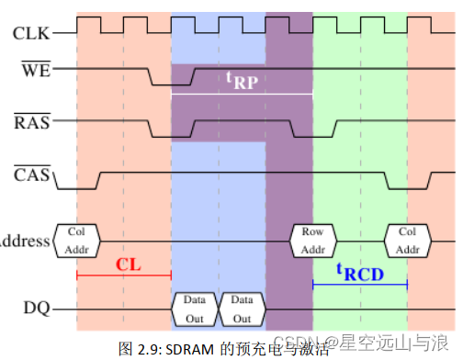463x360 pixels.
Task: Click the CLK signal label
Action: point(31,34)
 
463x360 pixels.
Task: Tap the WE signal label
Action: point(36,69)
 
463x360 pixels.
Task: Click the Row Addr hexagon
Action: point(313,241)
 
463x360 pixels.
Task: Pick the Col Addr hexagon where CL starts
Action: point(77,241)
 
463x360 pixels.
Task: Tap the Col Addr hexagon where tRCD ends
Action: point(407,241)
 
